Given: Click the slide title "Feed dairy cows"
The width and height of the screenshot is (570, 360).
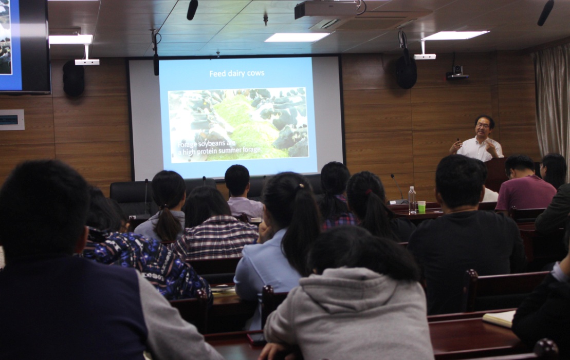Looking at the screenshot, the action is (236, 73).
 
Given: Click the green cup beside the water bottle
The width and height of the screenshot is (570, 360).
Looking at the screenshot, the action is (421, 206).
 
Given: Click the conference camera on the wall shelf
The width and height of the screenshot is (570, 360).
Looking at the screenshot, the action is (457, 72).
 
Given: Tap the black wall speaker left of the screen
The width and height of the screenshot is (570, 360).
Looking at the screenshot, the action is (73, 78).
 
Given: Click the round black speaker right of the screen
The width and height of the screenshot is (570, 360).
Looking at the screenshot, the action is (406, 72).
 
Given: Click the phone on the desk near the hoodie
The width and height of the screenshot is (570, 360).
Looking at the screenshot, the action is (256, 338).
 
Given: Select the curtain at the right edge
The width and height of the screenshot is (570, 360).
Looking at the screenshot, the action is (551, 102).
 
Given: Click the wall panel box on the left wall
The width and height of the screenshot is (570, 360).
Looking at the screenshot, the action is (11, 120).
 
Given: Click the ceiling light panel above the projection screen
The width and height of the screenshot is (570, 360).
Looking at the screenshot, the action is (297, 37).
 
